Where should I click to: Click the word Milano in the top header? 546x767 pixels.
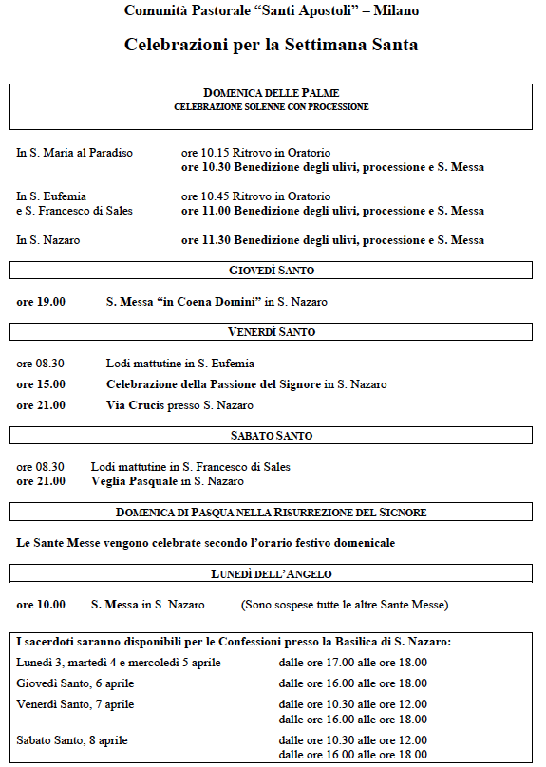tap(395, 11)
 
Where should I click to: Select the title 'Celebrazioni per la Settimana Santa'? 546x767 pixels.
tap(272, 45)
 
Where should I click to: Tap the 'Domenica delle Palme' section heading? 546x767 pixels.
tap(272, 93)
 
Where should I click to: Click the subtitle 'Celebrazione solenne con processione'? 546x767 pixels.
tap(272, 107)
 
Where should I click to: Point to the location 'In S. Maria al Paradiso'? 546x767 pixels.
tap(74, 153)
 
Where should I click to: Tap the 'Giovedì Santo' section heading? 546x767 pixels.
tap(272, 271)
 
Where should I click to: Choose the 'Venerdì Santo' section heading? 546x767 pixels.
tap(272, 332)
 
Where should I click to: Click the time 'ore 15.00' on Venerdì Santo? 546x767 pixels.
tap(41, 384)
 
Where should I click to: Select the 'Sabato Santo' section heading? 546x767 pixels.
tap(272, 436)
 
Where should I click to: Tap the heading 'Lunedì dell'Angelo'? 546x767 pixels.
tap(272, 574)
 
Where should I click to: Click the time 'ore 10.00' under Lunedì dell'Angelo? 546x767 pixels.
tap(41, 605)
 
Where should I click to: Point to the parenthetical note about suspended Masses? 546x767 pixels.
tap(344, 605)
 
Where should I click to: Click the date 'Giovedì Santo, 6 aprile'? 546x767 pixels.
tap(75, 683)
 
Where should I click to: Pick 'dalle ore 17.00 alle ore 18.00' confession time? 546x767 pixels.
tap(352, 663)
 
